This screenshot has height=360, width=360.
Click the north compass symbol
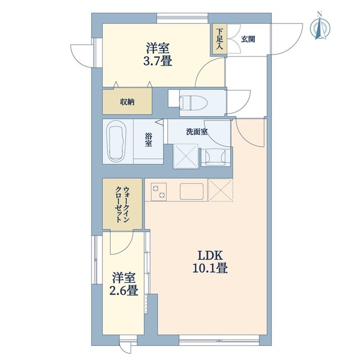(319, 29)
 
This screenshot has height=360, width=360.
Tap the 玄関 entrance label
(248, 39)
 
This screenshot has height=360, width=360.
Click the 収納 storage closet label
(127, 102)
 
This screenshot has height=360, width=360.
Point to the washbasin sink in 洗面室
(216, 156)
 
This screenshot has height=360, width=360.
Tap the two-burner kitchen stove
(159, 191)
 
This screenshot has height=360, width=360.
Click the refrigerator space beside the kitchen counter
(220, 190)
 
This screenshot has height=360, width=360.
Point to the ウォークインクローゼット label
(123, 205)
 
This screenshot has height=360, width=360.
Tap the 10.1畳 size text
(209, 268)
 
